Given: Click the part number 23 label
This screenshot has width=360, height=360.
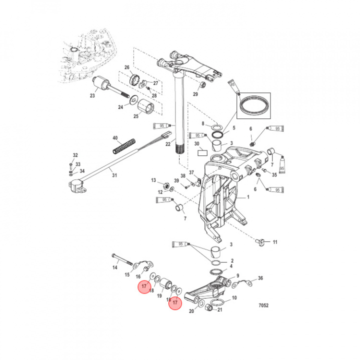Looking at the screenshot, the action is tap(92, 95).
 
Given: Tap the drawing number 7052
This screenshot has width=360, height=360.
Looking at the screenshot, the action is tap(263, 305).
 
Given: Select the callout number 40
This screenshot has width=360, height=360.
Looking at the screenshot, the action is tap(115, 138).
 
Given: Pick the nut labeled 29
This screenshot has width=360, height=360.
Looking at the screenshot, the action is tap(203, 84).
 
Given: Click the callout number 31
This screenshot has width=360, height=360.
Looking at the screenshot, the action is tap(114, 175).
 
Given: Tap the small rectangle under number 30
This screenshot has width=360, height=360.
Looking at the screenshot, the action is tap(202, 152).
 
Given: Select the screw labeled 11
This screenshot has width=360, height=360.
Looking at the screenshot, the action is tap(259, 242).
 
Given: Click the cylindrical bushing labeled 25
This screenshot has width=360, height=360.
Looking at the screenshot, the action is tap(145, 106).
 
